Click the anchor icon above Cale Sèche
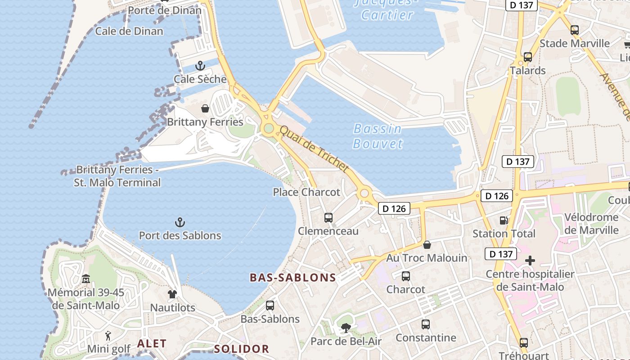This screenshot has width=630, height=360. (x=200, y=67)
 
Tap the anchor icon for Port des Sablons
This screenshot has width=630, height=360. (x=180, y=222)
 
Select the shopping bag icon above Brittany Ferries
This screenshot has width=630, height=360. (x=205, y=108)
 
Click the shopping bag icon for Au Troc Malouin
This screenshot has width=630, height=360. (x=427, y=245)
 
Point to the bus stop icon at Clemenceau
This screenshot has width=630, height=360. (x=328, y=218)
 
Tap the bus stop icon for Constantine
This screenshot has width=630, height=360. (x=426, y=324)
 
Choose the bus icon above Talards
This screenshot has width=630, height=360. (x=528, y=57)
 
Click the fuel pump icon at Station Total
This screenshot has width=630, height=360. (x=504, y=220)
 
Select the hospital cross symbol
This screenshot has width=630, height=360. (x=530, y=261)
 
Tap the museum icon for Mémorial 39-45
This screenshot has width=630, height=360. (x=86, y=279)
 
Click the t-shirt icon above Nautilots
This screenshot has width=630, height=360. (x=172, y=294)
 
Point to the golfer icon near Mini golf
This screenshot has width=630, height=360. (x=108, y=336)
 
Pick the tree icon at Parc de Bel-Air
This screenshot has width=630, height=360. (x=346, y=328)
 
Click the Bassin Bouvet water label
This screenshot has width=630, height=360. (x=378, y=136)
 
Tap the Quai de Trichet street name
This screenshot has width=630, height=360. (x=314, y=149)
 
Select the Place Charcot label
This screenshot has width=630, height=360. (x=306, y=192)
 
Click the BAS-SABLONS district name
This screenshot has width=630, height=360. (x=293, y=278)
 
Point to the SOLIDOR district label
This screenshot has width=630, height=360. (x=241, y=349)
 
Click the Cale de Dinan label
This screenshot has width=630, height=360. (x=129, y=31)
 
